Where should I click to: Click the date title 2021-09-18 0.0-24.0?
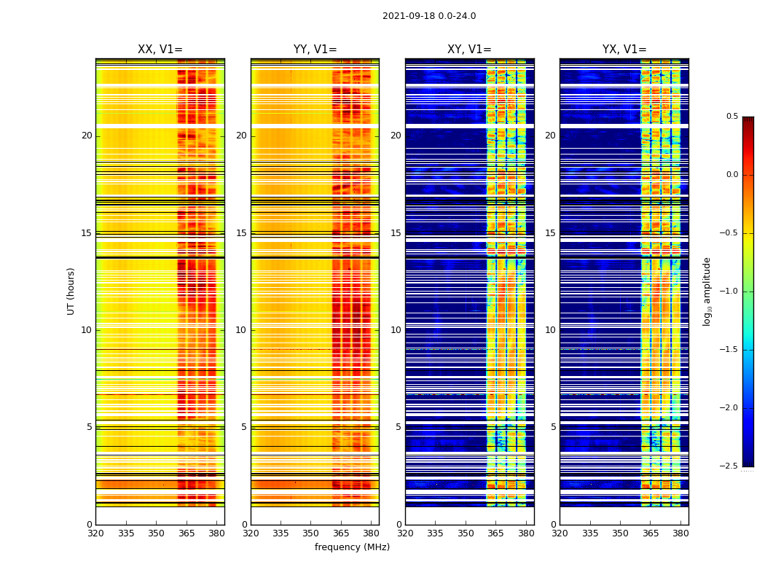tap(429, 16)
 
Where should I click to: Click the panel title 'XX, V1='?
tap(160, 50)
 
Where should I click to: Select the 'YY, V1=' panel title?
tap(315, 50)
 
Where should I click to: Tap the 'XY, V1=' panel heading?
tap(469, 50)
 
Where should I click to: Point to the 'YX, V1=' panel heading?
tap(624, 50)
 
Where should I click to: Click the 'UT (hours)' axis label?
tap(71, 291)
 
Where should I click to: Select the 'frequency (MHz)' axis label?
tap(352, 547)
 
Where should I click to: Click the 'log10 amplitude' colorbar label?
tap(706, 291)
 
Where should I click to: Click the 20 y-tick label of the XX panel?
tap(87, 136)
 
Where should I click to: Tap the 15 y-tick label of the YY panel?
tap(241, 233)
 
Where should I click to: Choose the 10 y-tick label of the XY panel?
tap(396, 330)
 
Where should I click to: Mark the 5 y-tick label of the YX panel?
tap(553, 427)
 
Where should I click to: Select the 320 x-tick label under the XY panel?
tap(405, 533)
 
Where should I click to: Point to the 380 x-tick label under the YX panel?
tap(680, 533)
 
